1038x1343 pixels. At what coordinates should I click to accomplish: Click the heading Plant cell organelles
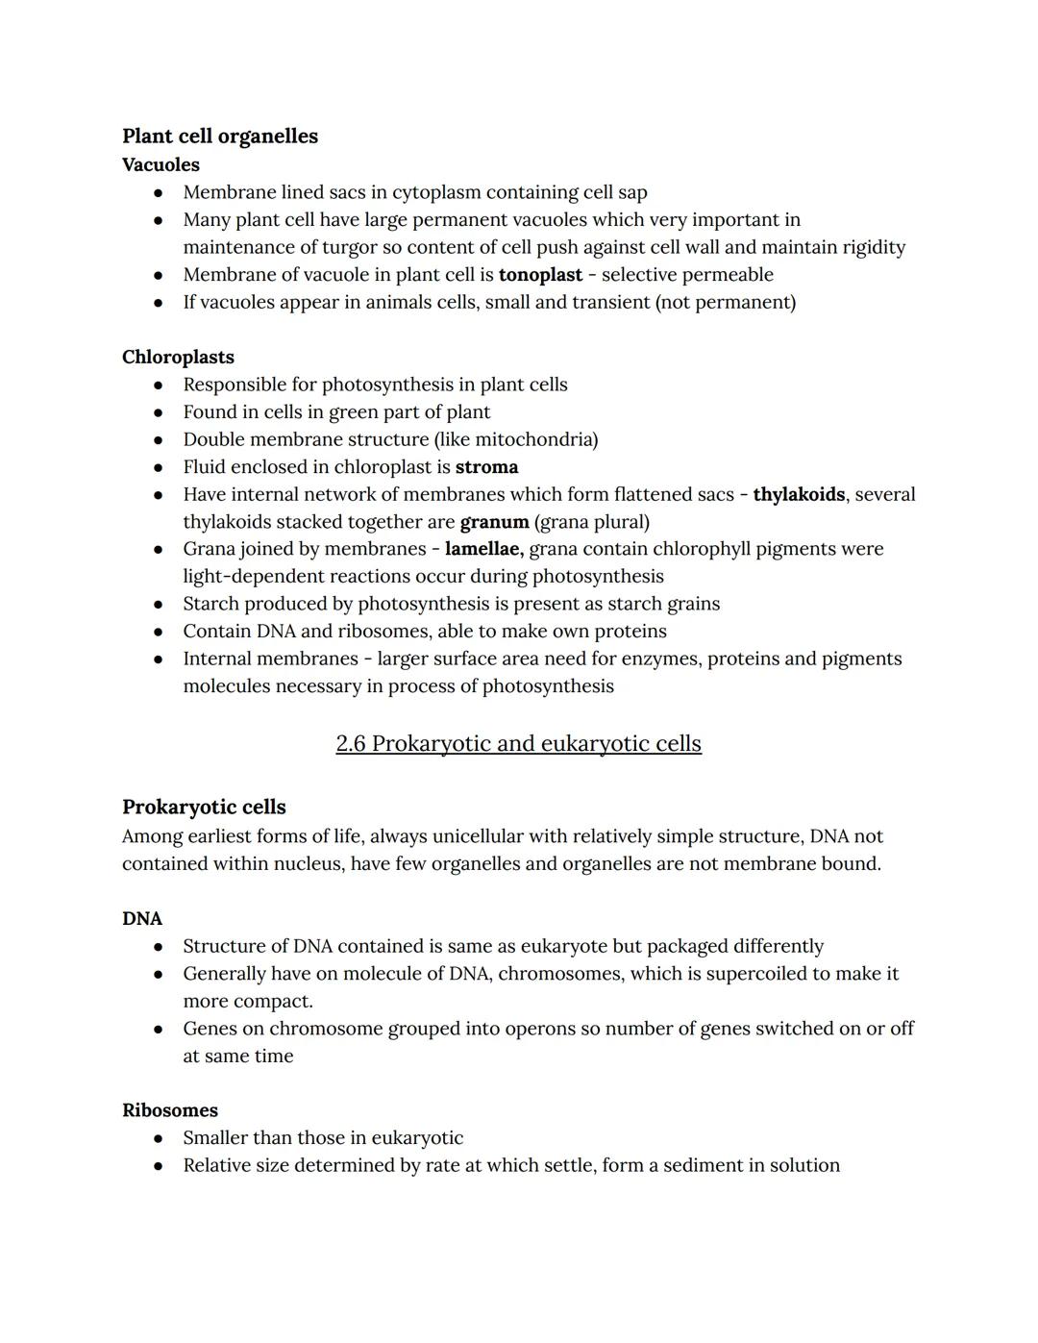tap(219, 137)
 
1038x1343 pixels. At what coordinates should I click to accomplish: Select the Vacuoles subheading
tap(161, 164)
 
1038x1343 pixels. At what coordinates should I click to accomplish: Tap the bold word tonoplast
tap(540, 275)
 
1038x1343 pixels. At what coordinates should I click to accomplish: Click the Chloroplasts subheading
tap(178, 357)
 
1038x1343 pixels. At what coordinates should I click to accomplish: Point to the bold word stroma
tap(486, 467)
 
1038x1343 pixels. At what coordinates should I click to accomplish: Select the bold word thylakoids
tap(799, 494)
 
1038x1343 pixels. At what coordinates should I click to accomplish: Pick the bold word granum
tap(494, 522)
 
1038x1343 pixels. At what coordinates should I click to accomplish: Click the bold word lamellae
tap(483, 549)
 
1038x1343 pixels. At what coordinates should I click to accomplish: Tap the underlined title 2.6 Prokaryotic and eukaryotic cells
tap(518, 743)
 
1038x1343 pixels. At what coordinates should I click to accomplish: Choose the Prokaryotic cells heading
tap(204, 807)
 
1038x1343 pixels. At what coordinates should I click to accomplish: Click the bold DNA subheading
tap(142, 918)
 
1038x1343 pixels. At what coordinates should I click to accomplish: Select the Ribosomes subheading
tap(170, 1110)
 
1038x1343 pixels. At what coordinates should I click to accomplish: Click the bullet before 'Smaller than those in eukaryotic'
tap(159, 1139)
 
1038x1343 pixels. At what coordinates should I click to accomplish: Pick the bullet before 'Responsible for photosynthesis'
tap(159, 385)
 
